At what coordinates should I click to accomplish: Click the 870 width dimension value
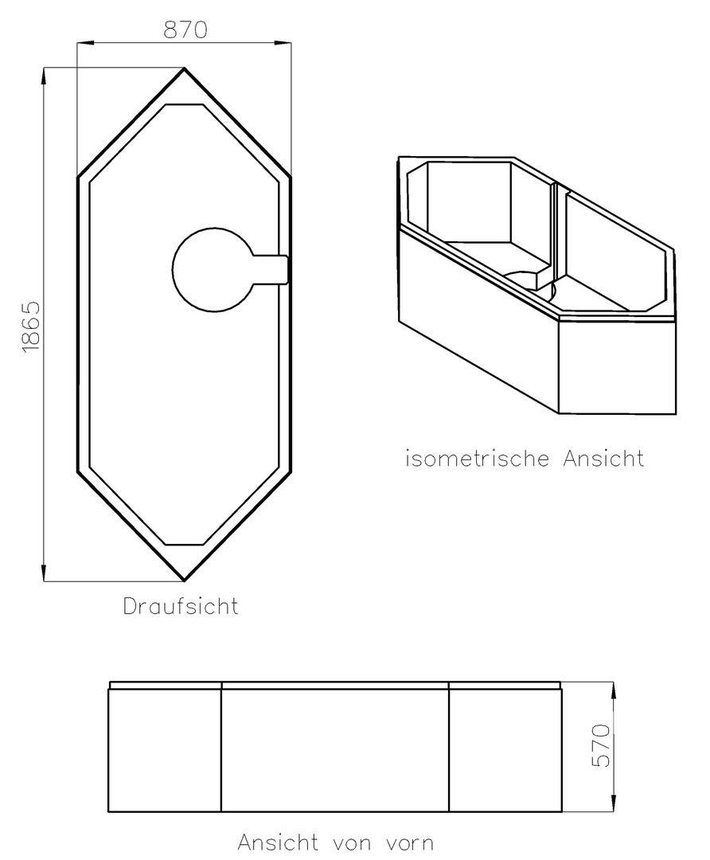pyautogui.click(x=186, y=29)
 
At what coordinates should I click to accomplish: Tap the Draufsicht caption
pyautogui.click(x=181, y=606)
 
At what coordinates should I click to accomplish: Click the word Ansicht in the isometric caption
pyautogui.click(x=603, y=458)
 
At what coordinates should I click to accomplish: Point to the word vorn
pyautogui.click(x=405, y=842)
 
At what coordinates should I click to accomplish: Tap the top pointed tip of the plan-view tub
pyautogui.click(x=184, y=68)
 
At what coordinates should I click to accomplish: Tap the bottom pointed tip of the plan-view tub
pyautogui.click(x=184, y=580)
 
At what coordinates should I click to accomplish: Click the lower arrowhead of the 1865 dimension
pyautogui.click(x=43, y=573)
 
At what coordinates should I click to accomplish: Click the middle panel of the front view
pyautogui.click(x=335, y=750)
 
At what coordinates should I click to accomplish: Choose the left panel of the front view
pyautogui.click(x=165, y=750)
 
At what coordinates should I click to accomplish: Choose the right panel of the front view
pyautogui.click(x=505, y=750)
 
